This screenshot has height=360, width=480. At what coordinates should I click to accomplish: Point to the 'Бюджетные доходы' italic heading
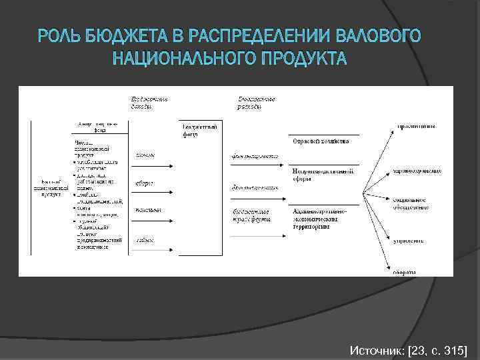149,102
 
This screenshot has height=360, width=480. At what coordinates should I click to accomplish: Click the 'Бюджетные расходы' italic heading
257,102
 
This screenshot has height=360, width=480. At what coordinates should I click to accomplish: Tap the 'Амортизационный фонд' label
99,127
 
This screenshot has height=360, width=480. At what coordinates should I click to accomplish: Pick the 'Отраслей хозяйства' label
317,141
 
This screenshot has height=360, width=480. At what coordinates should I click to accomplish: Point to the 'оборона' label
405,271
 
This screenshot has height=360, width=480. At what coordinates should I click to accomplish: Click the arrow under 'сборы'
153,193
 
